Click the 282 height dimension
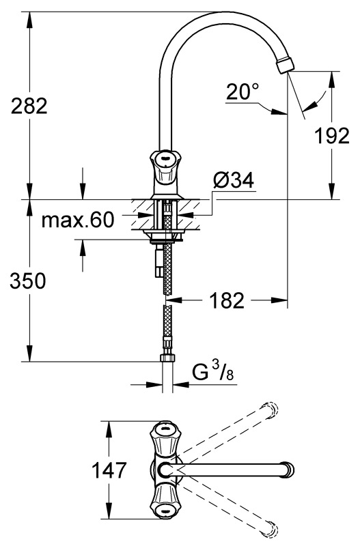click(x=29, y=106)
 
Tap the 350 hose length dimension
click(x=28, y=281)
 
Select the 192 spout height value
click(x=331, y=136)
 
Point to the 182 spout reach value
click(x=227, y=300)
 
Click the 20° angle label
click(x=243, y=91)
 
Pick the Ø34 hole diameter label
click(x=234, y=180)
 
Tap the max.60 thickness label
click(x=78, y=220)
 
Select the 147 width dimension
click(x=109, y=470)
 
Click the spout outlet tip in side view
click(x=285, y=65)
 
